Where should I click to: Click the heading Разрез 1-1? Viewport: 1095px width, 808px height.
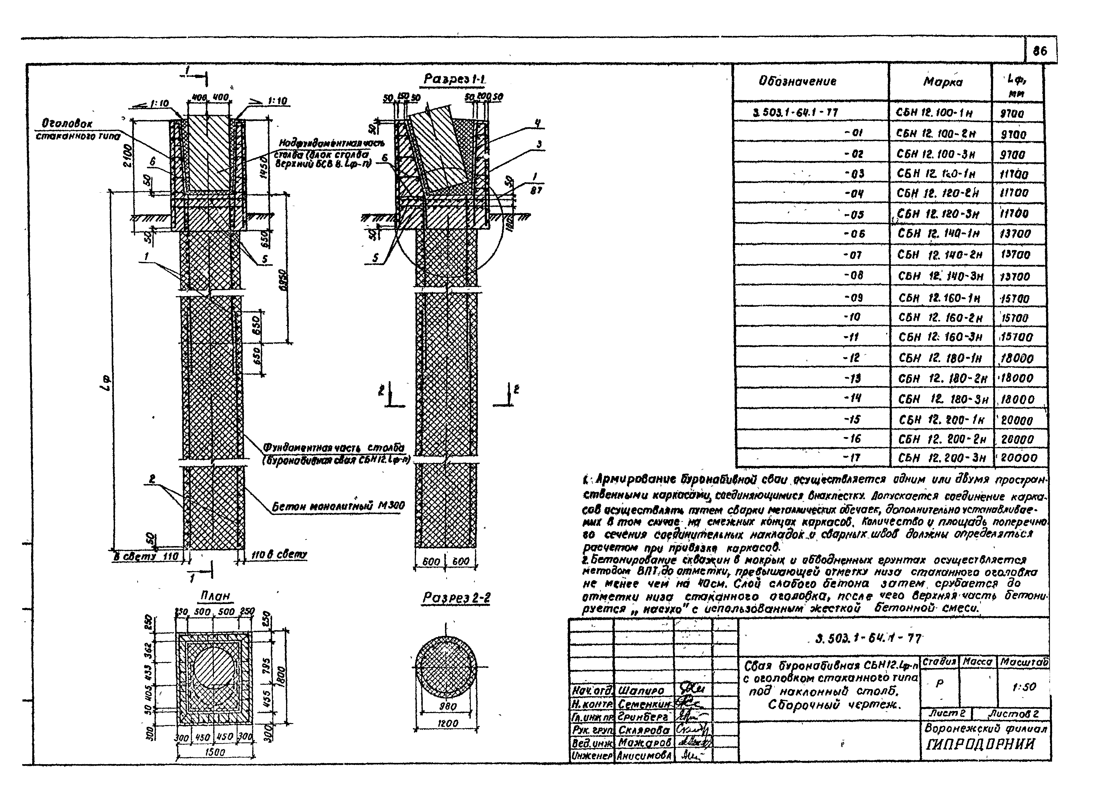coord(454,79)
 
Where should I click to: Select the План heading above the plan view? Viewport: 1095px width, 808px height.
coord(215,596)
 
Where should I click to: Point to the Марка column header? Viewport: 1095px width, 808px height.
coord(942,82)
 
